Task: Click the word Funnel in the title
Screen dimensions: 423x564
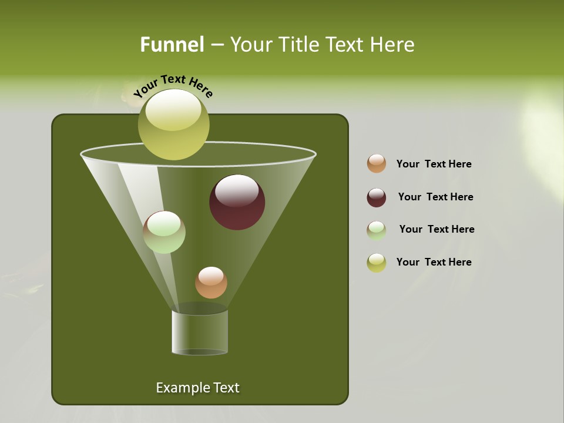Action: tap(172, 45)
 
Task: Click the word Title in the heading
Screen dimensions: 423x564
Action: tap(298, 45)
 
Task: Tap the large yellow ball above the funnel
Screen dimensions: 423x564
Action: tap(173, 125)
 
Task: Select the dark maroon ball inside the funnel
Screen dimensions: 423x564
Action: tap(237, 202)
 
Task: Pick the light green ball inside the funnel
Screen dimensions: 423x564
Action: tap(164, 232)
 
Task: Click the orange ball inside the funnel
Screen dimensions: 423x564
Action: tap(211, 283)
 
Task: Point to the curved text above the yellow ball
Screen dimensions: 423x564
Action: tap(173, 86)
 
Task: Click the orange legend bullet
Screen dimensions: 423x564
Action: tap(377, 164)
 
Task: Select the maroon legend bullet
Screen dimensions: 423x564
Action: tap(377, 197)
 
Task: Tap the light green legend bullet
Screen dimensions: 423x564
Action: tap(377, 230)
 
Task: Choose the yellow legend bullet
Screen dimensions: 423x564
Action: tap(377, 263)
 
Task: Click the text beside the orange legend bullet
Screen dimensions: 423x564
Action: tap(434, 164)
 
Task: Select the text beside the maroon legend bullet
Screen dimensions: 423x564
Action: tap(435, 197)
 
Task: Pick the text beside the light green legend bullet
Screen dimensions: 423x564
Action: tap(437, 230)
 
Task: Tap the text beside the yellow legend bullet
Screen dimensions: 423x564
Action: tap(434, 263)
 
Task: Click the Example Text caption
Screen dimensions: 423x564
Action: tap(198, 388)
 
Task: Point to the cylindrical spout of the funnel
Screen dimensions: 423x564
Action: tap(200, 333)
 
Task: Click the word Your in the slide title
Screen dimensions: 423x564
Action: tap(250, 45)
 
